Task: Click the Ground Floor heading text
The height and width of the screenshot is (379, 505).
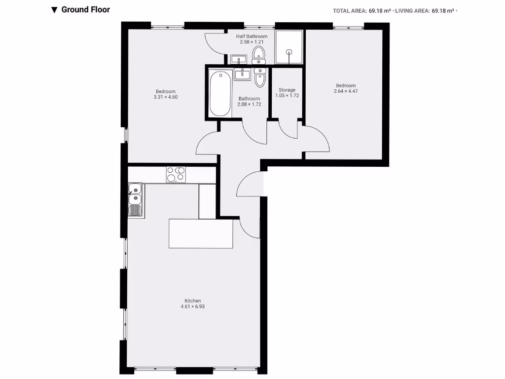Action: point(85,9)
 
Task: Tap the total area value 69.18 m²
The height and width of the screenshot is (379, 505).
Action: point(379,10)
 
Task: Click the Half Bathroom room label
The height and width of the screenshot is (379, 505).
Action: point(252,37)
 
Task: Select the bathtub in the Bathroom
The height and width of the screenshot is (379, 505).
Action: point(220,93)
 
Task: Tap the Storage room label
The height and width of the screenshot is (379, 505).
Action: point(287,90)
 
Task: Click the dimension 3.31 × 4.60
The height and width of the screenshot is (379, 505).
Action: point(165,97)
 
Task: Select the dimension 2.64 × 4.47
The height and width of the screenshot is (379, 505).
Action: point(345,91)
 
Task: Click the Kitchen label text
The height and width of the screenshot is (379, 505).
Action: point(192,301)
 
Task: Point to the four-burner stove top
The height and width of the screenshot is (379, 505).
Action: point(176,175)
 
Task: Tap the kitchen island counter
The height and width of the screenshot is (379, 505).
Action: point(201,233)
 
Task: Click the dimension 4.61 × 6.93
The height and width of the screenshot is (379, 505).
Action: point(192,306)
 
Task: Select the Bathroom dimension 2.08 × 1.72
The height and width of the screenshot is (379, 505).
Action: point(249,104)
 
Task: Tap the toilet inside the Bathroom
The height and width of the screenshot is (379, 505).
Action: point(260,77)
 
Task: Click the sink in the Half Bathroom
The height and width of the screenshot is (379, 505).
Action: point(239,60)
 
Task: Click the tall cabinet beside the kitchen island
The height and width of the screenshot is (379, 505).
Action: point(207,201)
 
